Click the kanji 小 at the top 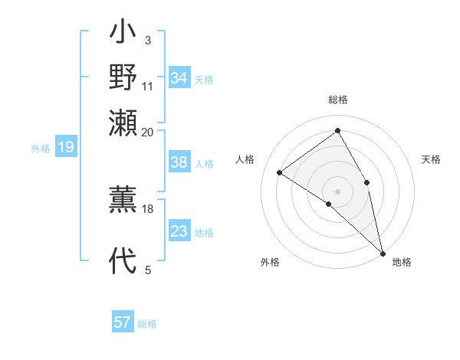(123, 34)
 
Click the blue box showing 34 (179, 78)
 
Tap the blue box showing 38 (179, 162)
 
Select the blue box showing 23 (179, 231)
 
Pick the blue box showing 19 (66, 147)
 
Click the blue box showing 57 (123, 322)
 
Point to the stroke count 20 (148, 132)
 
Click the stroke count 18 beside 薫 (148, 208)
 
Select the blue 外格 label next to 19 (41, 149)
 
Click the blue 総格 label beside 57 (147, 324)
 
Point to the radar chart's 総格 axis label (337, 100)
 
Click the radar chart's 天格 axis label (431, 159)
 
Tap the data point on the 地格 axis (382, 252)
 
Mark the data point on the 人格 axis (280, 172)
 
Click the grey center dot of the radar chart (337, 190)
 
